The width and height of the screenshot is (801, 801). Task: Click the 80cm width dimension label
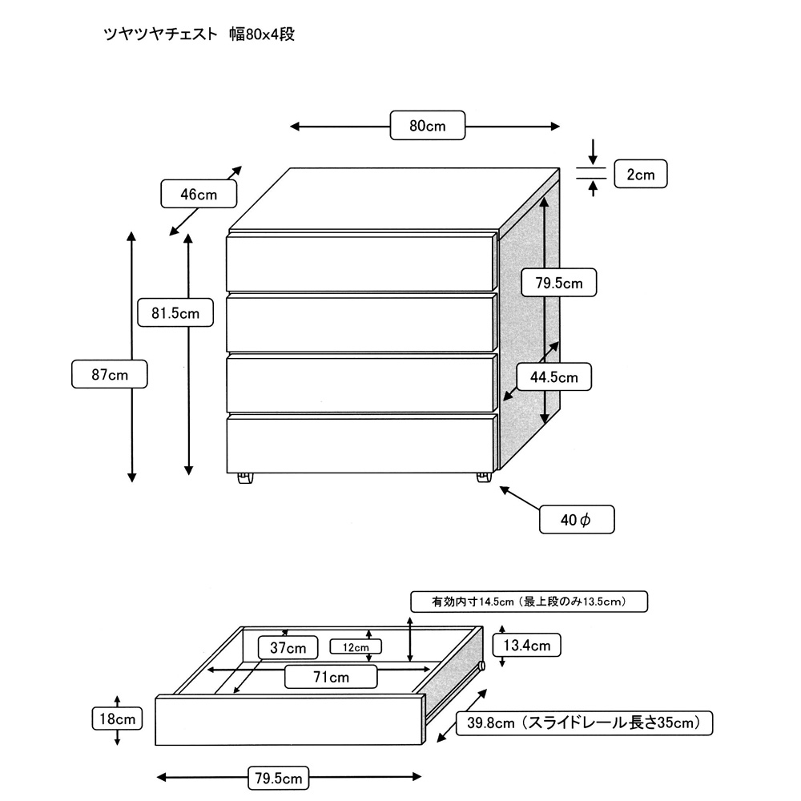point(427,126)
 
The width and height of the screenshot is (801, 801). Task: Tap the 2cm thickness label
point(640,174)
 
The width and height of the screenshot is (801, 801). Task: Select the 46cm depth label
point(199,194)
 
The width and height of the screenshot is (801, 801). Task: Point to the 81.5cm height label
point(175,312)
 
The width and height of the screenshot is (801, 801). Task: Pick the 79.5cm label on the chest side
point(557,282)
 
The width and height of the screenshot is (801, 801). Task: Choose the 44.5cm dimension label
point(553,376)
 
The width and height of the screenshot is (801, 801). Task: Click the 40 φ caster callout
point(576,520)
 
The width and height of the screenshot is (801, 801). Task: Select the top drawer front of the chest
point(360,262)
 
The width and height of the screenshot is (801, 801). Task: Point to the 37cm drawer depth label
point(288,647)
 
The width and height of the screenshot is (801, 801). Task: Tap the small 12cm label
point(356,646)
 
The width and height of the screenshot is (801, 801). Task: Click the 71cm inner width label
point(331,677)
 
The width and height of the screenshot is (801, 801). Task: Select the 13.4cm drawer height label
point(526,645)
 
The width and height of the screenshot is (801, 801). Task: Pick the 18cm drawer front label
point(116,718)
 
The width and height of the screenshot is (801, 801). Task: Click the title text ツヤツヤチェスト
point(160,34)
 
